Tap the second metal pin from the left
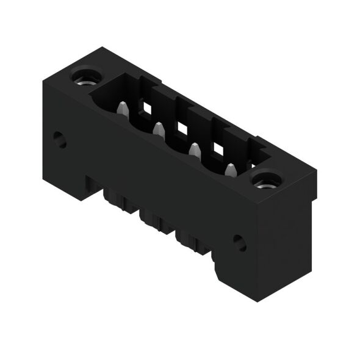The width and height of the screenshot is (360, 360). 158,129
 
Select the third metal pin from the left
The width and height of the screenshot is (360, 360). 195,149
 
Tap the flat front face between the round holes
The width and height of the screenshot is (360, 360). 153,177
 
